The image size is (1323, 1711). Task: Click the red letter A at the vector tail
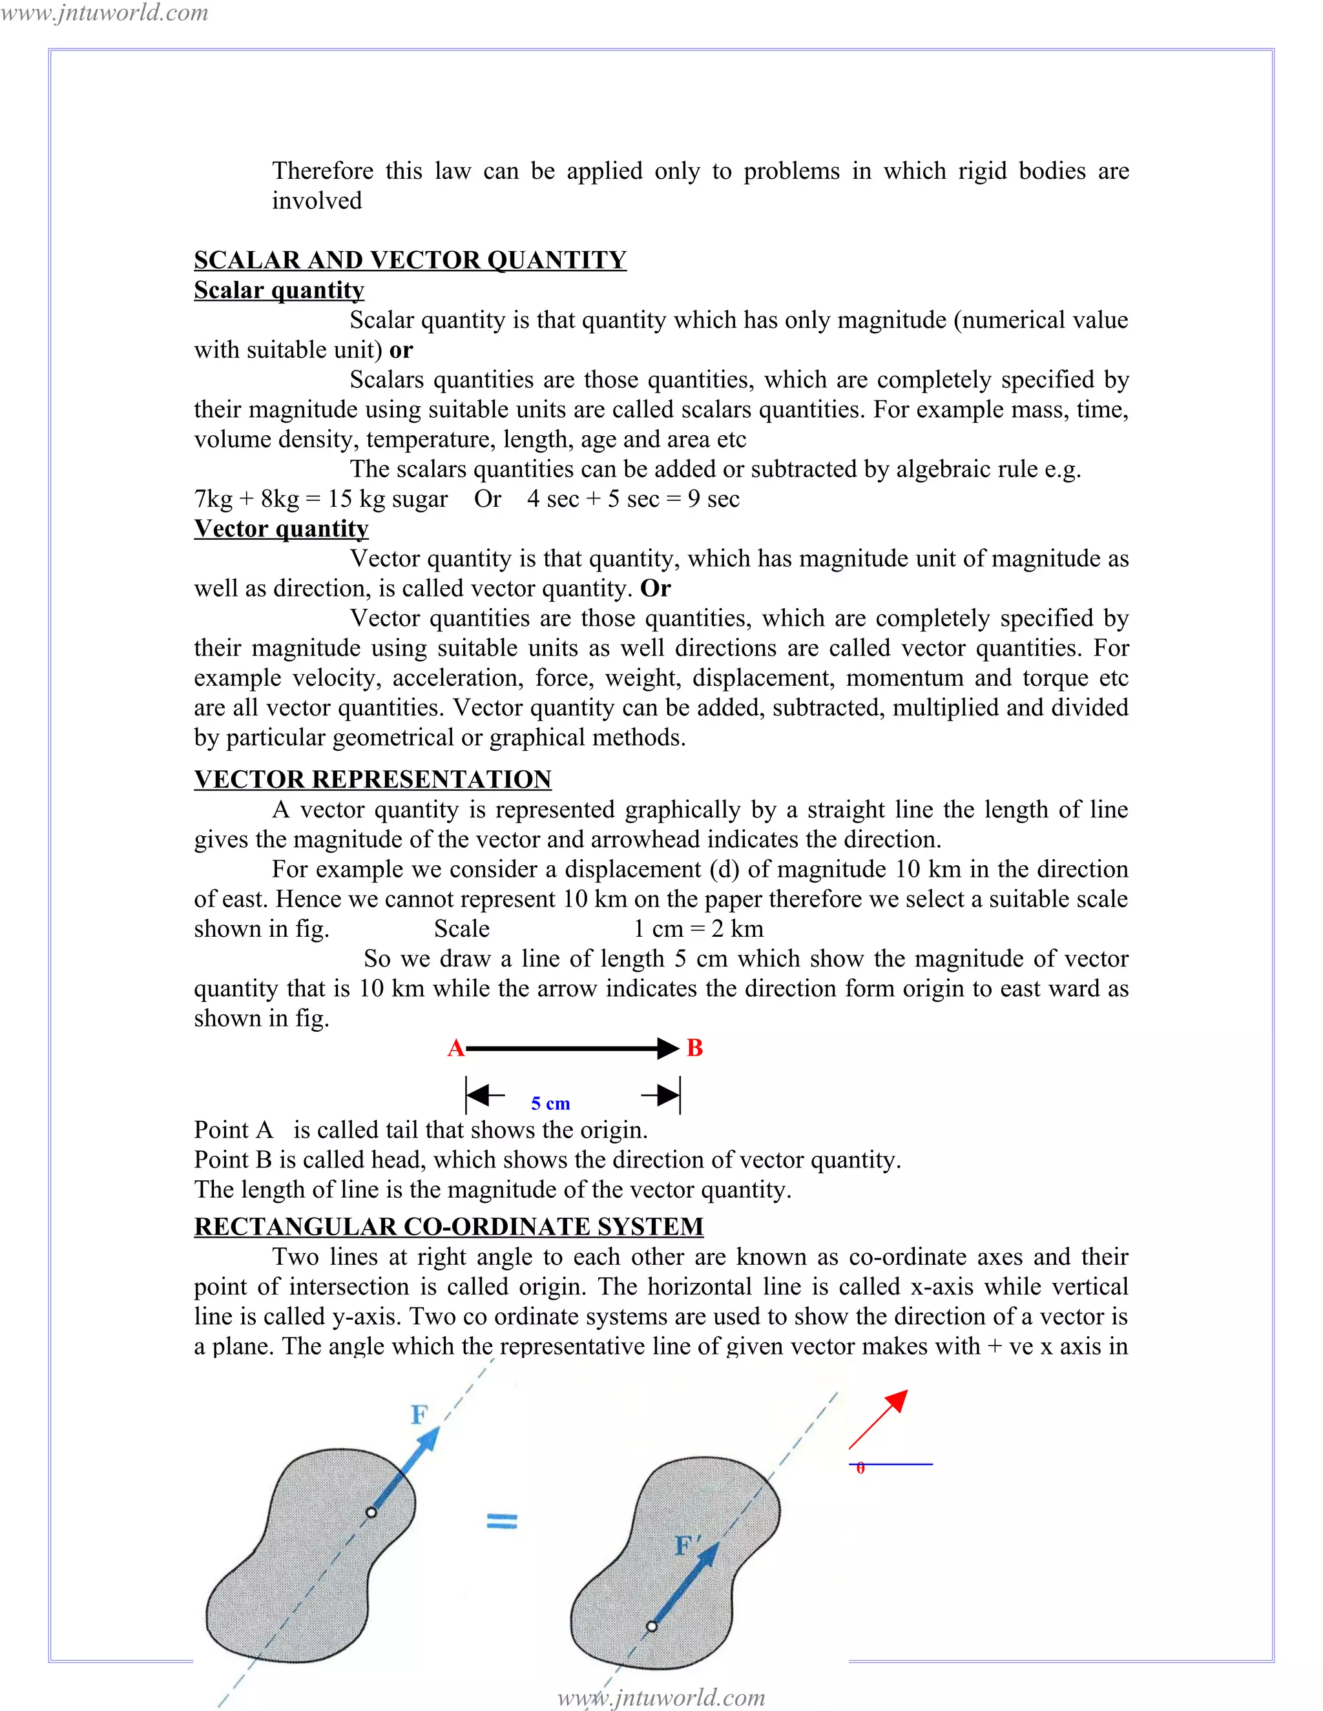(455, 1048)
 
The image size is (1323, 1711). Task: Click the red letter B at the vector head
(694, 1048)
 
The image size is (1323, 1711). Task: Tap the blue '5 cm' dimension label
(550, 1103)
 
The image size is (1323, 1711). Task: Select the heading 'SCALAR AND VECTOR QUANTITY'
(410, 260)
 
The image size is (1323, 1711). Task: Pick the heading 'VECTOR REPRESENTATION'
(373, 779)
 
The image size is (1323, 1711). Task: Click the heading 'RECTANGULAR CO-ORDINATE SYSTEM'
(448, 1227)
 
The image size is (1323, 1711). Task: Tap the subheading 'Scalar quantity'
(279, 290)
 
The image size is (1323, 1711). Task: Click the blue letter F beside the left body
(419, 1415)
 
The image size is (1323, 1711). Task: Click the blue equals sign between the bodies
(501, 1521)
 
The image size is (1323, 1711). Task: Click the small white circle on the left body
(371, 1512)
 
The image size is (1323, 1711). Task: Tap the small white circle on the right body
(651, 1626)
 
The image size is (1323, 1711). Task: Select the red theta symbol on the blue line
(860, 1468)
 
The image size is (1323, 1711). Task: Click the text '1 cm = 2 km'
(698, 929)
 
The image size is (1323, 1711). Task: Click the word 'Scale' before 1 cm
(462, 929)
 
